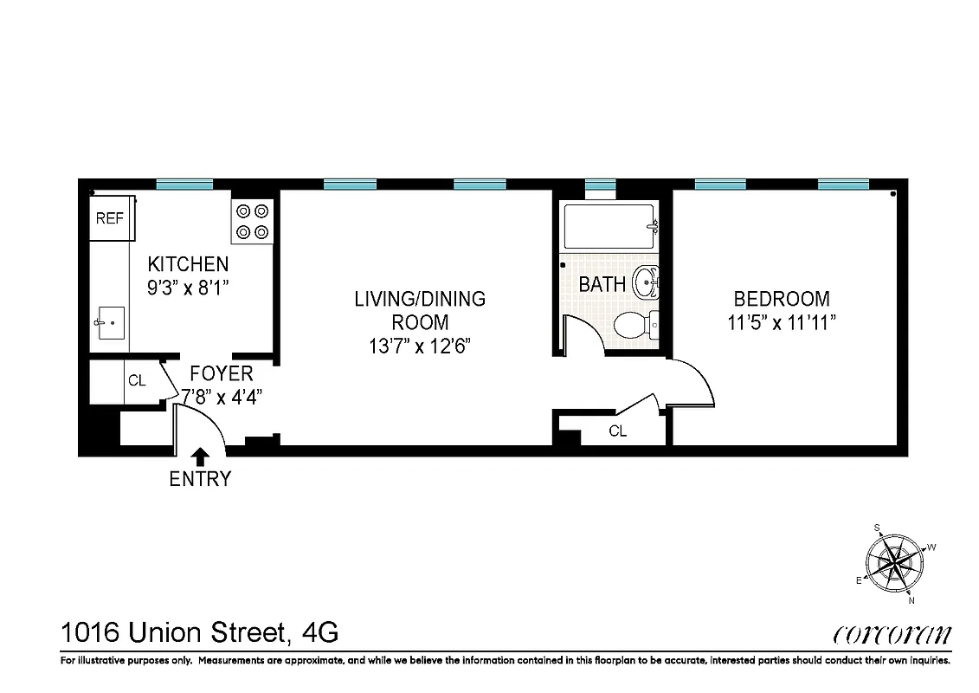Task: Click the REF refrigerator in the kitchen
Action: pos(112,218)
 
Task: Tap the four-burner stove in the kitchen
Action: pos(252,221)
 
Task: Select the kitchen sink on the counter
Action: pos(109,324)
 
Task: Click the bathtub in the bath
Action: pos(610,227)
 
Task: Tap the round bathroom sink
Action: pos(647,282)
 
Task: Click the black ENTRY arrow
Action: pos(201,457)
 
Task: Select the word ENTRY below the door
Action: pos(200,478)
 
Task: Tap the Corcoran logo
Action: pos(892,636)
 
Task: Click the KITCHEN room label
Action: pos(188,264)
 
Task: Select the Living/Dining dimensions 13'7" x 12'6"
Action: pos(420,346)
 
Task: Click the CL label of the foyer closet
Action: pos(136,380)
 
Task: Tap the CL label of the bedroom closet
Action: pos(617,431)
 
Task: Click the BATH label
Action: pos(602,284)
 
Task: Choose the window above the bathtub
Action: pos(600,184)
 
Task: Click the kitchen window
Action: pos(184,184)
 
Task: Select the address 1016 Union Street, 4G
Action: pos(199,633)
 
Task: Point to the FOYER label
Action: pos(222,373)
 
